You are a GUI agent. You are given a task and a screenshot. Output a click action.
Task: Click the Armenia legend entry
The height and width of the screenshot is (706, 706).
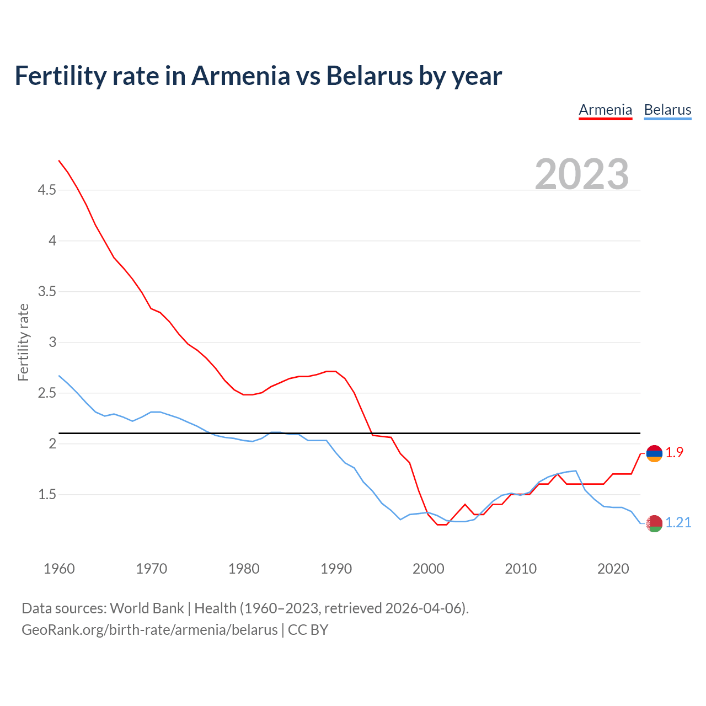(605, 110)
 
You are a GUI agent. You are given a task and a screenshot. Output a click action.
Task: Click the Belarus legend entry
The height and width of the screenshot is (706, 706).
(667, 110)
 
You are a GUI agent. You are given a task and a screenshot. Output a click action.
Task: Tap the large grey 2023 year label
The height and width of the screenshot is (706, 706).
(582, 174)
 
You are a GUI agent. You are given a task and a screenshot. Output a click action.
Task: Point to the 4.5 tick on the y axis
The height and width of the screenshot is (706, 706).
(47, 190)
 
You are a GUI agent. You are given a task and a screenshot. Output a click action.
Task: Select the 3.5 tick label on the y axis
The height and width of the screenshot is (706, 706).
(47, 291)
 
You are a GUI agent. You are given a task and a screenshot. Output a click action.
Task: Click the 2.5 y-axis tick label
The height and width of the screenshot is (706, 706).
(47, 393)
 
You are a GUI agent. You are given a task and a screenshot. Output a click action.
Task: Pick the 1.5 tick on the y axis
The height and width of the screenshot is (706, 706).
(47, 495)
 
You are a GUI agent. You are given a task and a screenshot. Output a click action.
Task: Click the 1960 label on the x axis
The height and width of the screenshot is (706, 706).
(59, 569)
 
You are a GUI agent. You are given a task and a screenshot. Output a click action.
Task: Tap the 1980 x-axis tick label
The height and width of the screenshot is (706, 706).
(244, 569)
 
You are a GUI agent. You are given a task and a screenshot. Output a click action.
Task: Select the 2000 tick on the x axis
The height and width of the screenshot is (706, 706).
(429, 569)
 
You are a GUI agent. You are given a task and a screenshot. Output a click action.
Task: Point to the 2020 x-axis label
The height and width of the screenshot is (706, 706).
(613, 569)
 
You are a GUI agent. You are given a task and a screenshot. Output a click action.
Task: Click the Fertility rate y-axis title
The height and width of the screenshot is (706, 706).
(23, 343)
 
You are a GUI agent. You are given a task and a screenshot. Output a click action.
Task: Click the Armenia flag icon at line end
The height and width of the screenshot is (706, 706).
(654, 453)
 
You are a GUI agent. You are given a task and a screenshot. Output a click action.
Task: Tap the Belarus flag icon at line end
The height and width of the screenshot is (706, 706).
(654, 523)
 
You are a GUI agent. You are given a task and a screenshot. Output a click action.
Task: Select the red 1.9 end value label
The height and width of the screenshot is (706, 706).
(674, 452)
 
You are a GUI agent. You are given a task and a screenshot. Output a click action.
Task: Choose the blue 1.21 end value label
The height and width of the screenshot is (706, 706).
(678, 522)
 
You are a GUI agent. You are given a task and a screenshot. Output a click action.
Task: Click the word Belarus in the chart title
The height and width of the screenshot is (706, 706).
(369, 76)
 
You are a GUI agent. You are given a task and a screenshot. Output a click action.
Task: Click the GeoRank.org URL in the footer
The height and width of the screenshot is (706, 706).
(149, 629)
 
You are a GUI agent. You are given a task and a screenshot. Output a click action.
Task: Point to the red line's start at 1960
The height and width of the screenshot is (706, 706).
(59, 161)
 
